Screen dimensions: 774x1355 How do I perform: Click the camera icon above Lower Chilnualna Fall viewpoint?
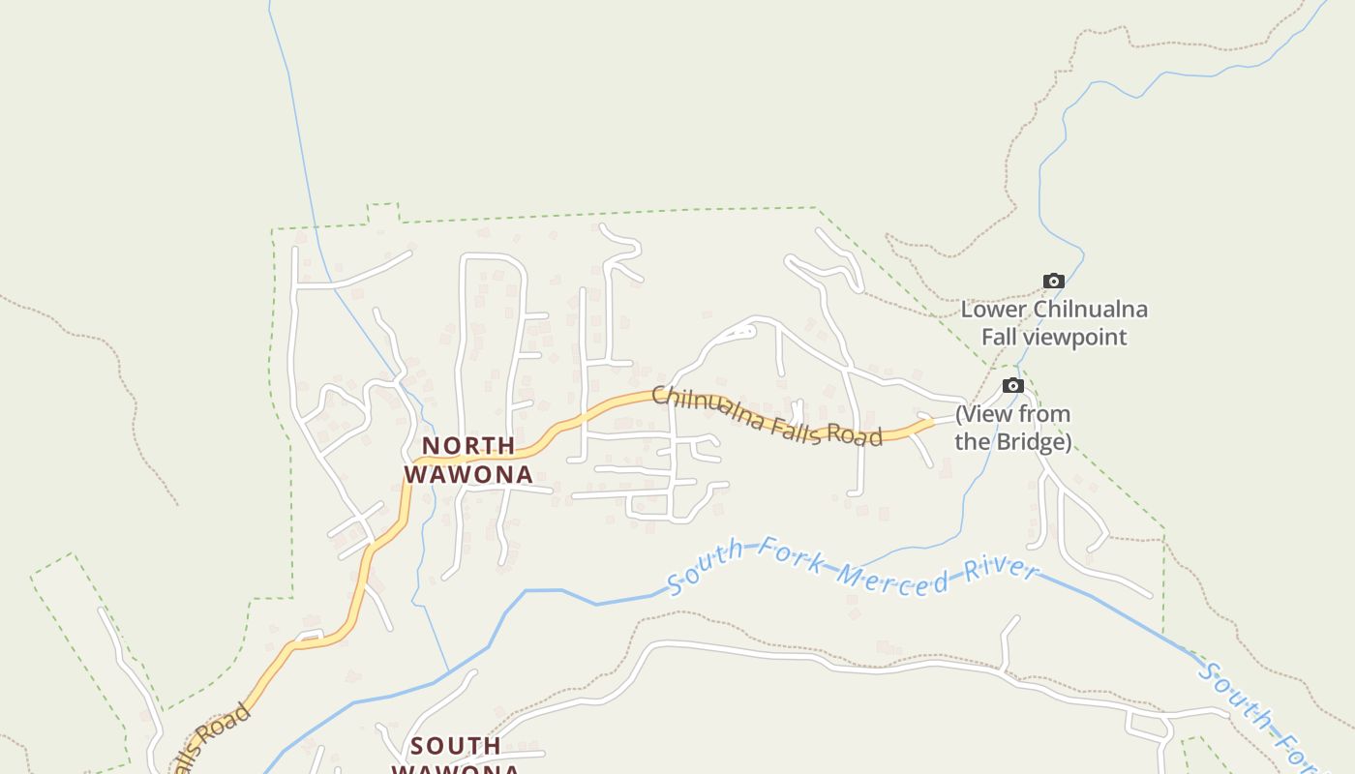tap(1054, 282)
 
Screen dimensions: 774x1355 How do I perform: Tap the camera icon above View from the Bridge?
tap(1013, 386)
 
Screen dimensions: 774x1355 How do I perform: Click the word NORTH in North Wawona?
tap(468, 446)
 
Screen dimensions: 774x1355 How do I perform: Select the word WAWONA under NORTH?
tap(468, 474)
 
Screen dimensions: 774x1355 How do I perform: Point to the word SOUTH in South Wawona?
tap(456, 746)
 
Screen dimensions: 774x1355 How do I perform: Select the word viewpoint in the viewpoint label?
tap(1070, 337)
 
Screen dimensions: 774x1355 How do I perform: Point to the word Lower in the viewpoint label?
tap(994, 310)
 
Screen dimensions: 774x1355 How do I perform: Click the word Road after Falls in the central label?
tap(855, 436)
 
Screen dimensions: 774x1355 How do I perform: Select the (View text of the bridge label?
tap(984, 414)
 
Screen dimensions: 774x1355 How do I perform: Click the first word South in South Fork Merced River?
tap(705, 565)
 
